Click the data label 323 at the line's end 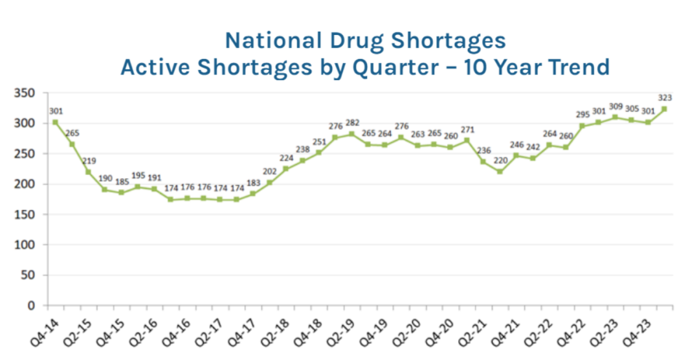pos(665,98)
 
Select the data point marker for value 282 pos(351,134)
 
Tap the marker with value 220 pos(500,172)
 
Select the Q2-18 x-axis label pos(272,327)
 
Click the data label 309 pos(616,106)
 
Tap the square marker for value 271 pos(467,141)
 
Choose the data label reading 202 pos(269,171)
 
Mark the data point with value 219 pos(88,172)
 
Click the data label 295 pos(582,115)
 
